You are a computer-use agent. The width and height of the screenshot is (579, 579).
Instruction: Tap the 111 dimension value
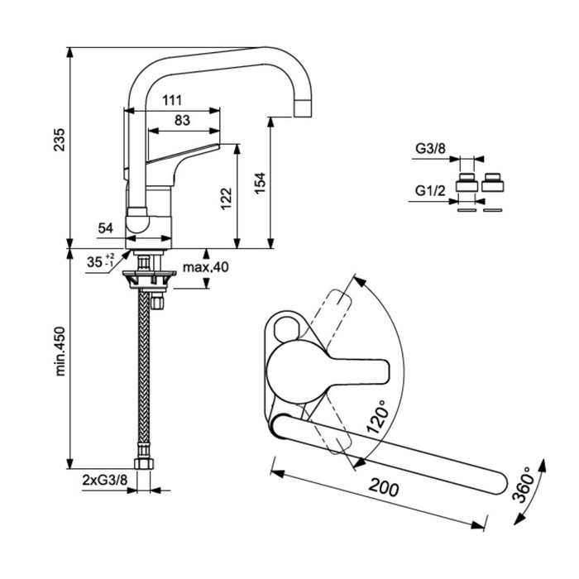(171, 100)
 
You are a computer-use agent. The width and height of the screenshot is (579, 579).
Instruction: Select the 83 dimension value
(183, 121)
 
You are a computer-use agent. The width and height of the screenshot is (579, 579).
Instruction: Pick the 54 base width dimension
(106, 227)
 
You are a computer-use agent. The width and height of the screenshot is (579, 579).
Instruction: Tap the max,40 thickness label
(205, 267)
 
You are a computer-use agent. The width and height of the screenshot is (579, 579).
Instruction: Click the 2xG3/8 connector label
(105, 480)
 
